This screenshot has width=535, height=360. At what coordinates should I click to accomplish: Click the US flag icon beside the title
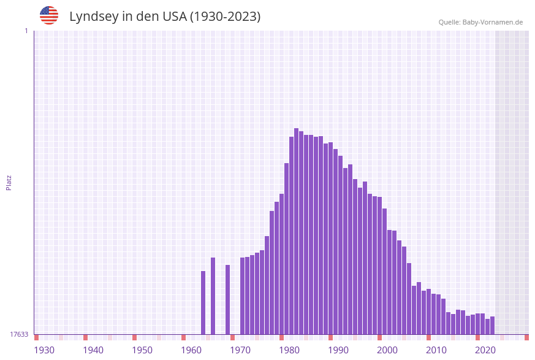click(x=49, y=15)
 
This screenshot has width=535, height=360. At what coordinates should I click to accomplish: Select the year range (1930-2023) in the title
click(x=225, y=17)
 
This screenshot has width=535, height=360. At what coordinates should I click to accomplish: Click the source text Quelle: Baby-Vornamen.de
click(x=480, y=22)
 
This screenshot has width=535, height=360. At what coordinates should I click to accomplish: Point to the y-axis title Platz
click(x=9, y=182)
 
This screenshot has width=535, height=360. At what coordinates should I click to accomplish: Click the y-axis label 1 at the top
click(x=26, y=31)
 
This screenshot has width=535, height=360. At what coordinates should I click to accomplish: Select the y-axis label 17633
click(x=19, y=334)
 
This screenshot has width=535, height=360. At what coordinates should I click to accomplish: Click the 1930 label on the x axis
click(x=44, y=350)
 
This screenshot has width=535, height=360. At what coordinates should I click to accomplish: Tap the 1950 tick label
click(x=142, y=350)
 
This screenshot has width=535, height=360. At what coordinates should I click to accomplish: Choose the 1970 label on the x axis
click(x=240, y=350)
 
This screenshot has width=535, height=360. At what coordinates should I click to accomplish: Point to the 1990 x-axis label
click(x=338, y=350)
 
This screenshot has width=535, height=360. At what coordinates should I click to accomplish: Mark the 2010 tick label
click(x=436, y=350)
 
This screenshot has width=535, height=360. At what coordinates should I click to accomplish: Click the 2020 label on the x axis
click(x=485, y=350)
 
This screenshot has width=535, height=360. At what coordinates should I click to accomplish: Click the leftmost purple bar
click(x=203, y=302)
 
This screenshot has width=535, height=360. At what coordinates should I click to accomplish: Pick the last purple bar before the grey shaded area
click(x=492, y=325)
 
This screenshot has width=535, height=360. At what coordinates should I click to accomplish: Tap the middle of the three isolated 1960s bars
click(x=213, y=296)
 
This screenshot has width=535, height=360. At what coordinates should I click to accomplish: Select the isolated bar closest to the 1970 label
click(x=227, y=299)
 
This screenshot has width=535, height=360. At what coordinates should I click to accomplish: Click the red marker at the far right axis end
click(x=526, y=337)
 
